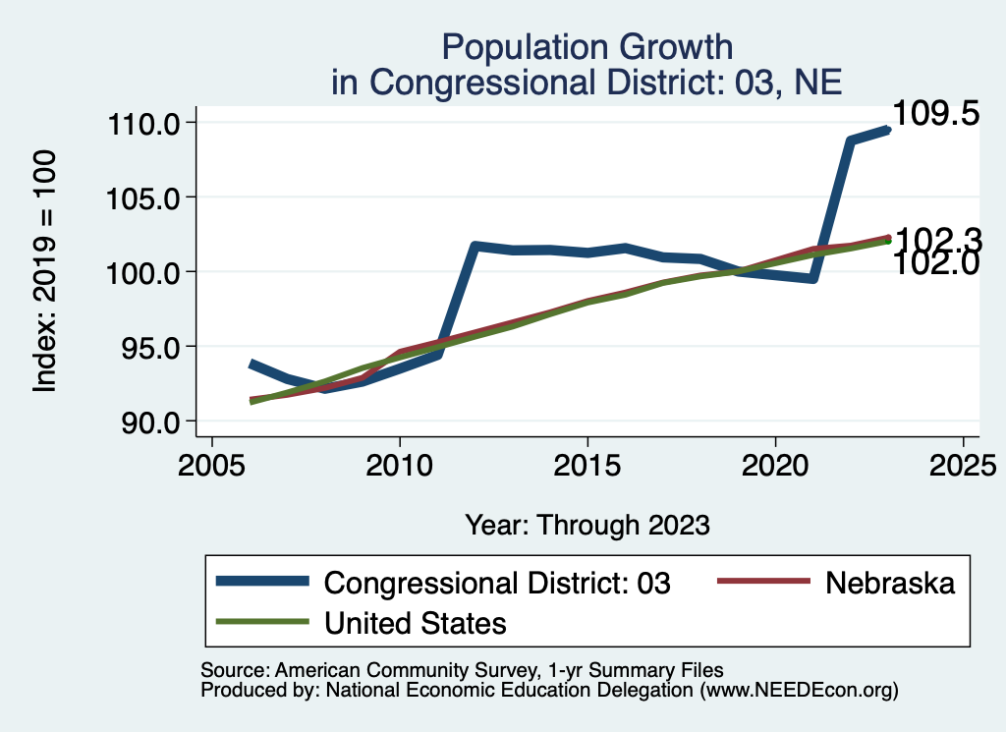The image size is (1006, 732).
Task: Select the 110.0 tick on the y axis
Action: pos(142,123)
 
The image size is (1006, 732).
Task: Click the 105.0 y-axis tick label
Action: pos(142,197)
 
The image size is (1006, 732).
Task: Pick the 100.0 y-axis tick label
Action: pos(142,272)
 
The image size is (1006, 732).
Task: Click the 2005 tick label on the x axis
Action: pos(212,465)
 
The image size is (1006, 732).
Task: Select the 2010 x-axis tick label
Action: pos(400,465)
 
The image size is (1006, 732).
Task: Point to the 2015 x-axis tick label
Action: pos(587,465)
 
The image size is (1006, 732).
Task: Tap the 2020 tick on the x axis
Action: pos(775,465)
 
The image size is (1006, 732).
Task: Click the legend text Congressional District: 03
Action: pos(497,583)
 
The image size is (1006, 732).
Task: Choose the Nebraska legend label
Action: pos(890,583)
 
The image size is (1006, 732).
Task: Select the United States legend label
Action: pos(415,622)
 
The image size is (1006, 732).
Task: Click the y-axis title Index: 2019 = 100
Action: pos(45,272)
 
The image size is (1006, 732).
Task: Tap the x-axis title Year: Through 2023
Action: pos(587,525)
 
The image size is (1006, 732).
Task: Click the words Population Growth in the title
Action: pos(587,46)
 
